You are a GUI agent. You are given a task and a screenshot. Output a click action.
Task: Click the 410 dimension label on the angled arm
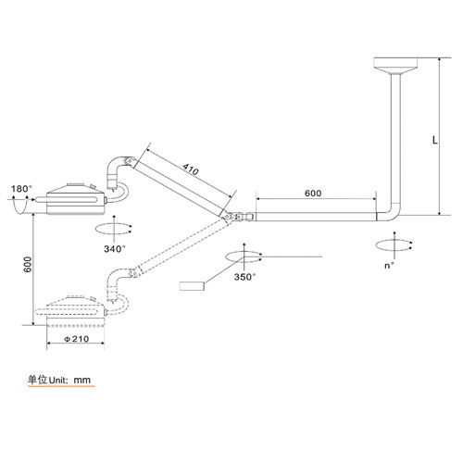191,169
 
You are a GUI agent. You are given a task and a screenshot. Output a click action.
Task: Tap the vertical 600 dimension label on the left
28,265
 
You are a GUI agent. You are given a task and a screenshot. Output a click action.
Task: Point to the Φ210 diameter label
77,339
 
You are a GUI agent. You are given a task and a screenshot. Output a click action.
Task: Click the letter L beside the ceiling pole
434,140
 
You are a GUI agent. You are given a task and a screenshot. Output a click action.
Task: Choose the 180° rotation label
21,189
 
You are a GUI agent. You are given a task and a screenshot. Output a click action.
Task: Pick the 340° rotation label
115,249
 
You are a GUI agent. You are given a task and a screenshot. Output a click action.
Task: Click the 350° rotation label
244,277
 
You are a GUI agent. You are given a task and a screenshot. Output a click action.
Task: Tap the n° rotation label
389,266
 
